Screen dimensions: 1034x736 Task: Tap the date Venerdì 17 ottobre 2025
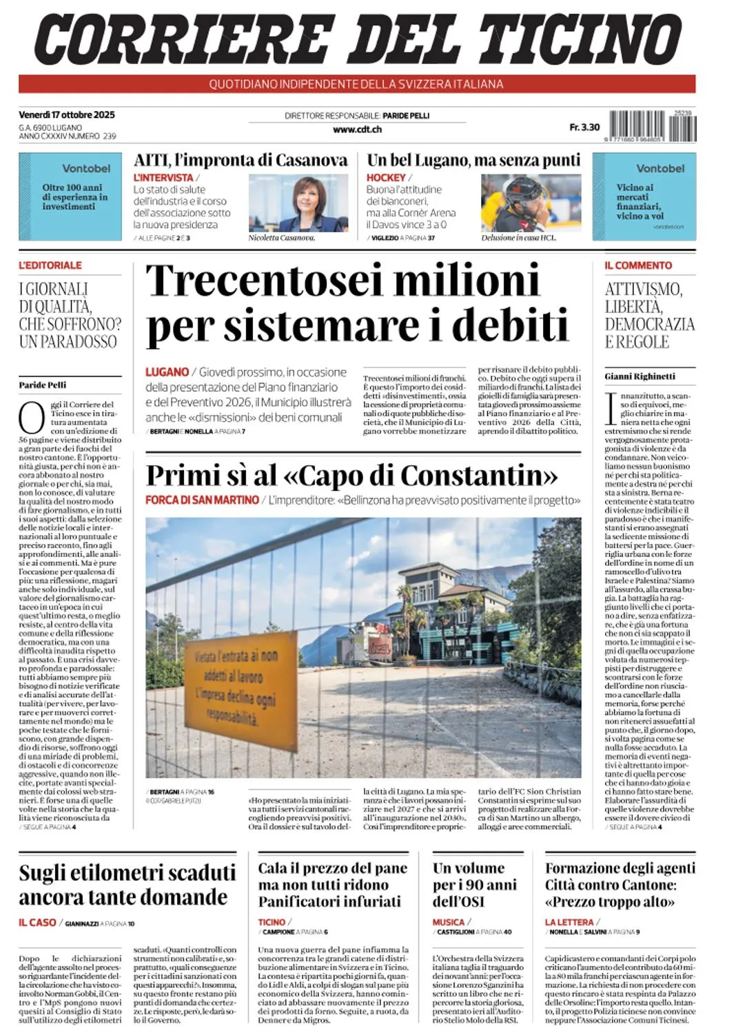67,115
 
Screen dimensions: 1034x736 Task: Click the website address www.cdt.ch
357,129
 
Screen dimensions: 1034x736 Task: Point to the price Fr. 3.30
584,128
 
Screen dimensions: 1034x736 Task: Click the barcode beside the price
652,126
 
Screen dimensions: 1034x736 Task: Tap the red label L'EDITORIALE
50,265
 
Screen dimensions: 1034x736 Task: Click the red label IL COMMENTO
638,265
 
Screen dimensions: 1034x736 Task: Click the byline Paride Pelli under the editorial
43,385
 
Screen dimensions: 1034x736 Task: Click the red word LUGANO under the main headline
167,372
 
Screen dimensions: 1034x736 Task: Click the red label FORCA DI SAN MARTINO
202,500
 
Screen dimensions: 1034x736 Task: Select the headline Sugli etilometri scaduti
127,873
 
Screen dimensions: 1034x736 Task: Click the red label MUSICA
449,922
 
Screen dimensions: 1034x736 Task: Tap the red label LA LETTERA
569,922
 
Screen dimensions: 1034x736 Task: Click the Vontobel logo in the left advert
86,168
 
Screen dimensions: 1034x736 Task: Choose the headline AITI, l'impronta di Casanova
241,161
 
